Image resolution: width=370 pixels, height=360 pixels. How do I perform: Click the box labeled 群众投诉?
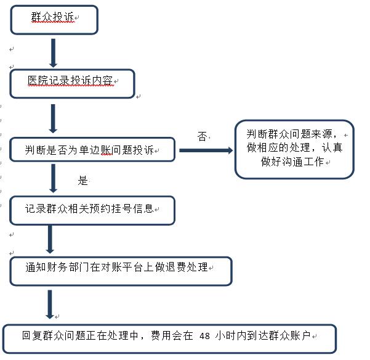pos(54,20)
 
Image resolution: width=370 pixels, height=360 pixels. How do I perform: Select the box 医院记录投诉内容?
pos(72,84)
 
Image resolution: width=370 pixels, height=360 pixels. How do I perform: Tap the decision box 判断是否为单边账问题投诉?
pos(92,150)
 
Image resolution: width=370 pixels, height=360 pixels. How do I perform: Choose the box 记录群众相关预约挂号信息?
pos(92,210)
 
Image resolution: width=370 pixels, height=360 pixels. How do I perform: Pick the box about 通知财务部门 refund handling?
pos(121,271)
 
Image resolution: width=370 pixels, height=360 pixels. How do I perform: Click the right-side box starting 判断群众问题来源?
pos(294,149)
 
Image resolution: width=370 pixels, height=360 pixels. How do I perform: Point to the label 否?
pos(202,136)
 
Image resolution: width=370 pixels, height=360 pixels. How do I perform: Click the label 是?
pos(82,181)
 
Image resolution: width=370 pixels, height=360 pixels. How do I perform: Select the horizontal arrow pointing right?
pos(206,150)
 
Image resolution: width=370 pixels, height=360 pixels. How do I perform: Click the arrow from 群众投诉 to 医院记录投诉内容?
pos(54,53)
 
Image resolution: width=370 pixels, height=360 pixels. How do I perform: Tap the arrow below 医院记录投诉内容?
pos(53,118)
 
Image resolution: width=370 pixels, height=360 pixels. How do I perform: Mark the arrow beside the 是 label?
pos(54,178)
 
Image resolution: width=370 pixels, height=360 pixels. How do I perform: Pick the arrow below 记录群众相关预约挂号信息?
pos(50,239)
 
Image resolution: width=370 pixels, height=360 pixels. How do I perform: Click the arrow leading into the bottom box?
pos(50,305)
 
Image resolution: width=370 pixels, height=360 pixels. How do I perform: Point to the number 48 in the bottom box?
pos(204,336)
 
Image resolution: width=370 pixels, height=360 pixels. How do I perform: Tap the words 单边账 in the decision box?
pos(95,150)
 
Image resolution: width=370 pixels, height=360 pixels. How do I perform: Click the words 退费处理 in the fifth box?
pos(187,267)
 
